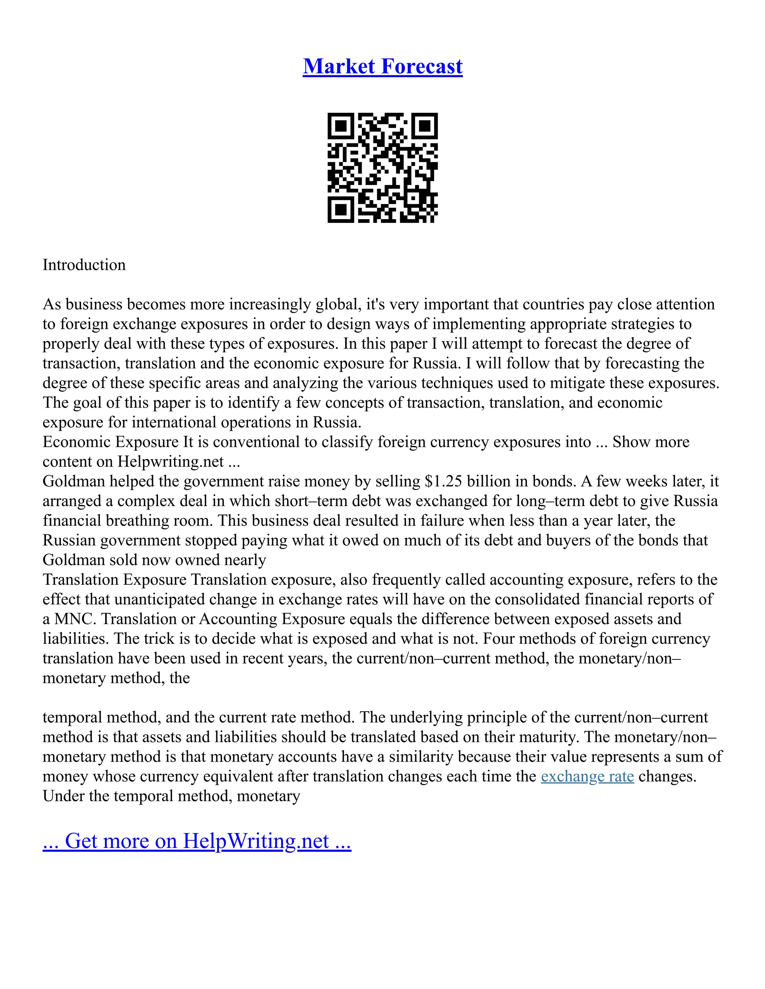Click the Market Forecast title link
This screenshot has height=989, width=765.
tap(382, 66)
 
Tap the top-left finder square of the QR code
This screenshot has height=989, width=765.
tap(340, 126)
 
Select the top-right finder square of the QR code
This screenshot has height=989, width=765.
tap(425, 126)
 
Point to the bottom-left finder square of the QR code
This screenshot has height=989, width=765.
tap(340, 210)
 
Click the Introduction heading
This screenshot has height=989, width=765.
tap(84, 265)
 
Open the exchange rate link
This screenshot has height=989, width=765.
tap(587, 777)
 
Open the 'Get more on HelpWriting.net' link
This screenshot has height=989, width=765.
tap(197, 841)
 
